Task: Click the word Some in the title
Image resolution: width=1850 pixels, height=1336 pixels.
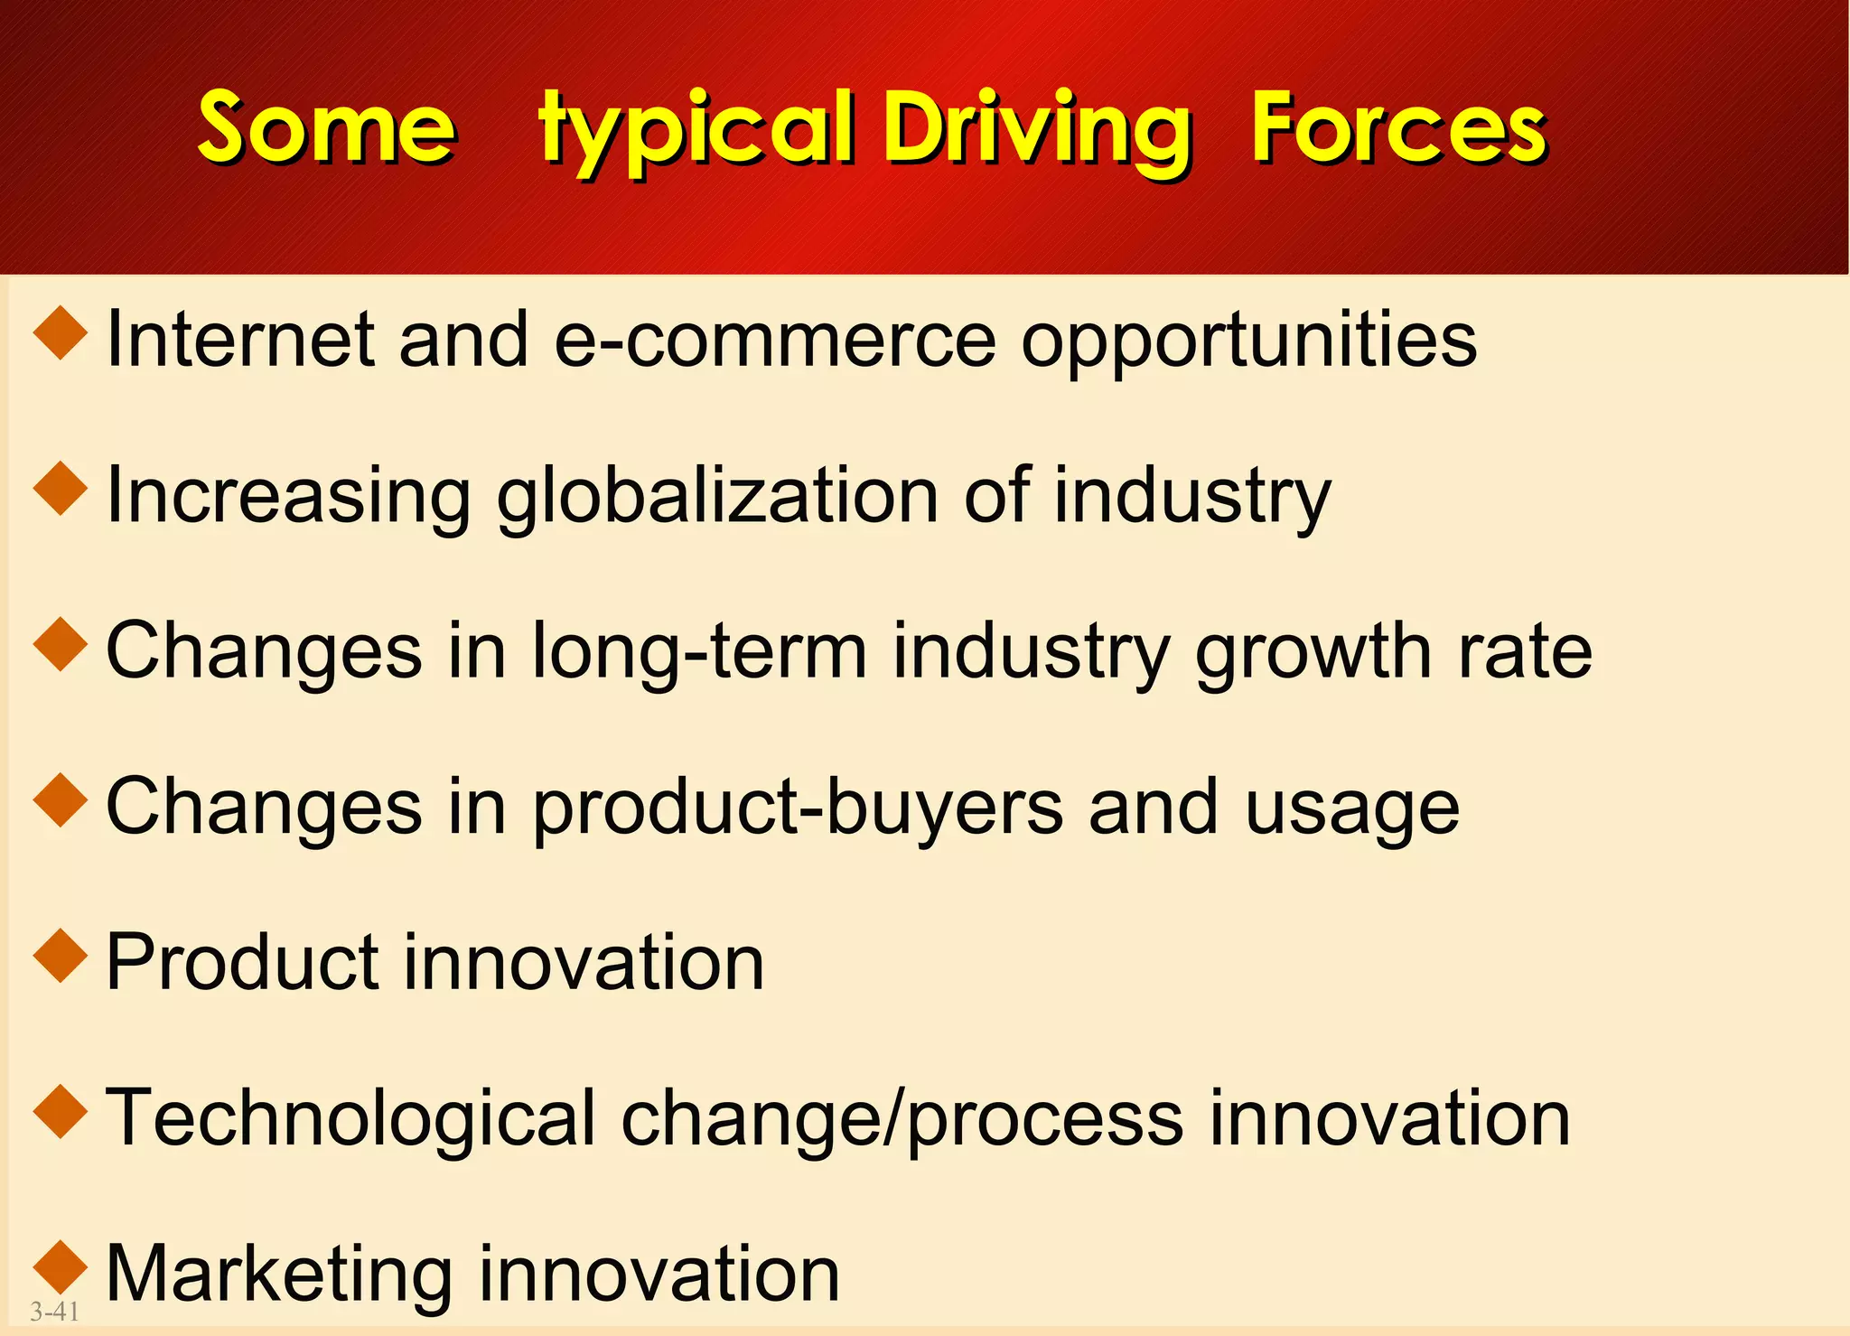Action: click(326, 129)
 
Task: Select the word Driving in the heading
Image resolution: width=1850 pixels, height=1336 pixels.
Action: click(1038, 131)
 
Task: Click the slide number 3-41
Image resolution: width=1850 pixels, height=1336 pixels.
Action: click(55, 1311)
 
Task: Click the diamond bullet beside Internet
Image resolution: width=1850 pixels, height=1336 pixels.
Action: click(61, 333)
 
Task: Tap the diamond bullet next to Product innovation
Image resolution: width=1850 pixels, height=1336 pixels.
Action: click(61, 956)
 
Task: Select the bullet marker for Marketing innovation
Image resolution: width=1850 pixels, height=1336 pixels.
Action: click(61, 1266)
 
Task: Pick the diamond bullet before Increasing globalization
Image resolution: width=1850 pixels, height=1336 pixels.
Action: click(61, 489)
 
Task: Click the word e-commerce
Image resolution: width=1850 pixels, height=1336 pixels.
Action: click(775, 341)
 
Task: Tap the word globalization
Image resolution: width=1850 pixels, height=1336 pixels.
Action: click(718, 498)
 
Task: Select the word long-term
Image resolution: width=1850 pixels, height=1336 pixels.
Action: click(700, 652)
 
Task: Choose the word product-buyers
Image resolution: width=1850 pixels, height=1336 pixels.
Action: click(798, 808)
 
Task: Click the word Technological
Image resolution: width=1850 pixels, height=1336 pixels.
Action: click(351, 1120)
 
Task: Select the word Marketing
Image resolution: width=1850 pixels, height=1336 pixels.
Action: click(279, 1275)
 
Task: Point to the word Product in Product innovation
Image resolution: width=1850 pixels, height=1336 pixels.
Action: click(242, 963)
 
